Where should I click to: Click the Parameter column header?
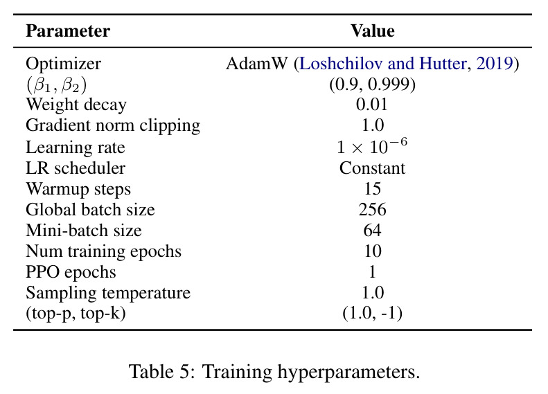(68, 31)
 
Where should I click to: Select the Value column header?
(373, 31)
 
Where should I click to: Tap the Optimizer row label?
(63, 64)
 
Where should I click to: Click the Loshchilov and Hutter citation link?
(382, 64)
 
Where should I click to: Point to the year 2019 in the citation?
(494, 64)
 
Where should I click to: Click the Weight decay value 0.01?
(372, 105)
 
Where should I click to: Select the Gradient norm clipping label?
(113, 126)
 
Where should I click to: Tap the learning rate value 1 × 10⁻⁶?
(372, 146)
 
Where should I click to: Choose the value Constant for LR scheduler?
(372, 168)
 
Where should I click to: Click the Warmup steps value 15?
(373, 188)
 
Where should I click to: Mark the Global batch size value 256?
(372, 210)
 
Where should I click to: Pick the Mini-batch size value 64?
(372, 230)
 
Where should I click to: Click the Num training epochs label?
(103, 251)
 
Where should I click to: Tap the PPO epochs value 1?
(373, 271)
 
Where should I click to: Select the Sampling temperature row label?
(108, 293)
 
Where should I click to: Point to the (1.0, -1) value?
(372, 313)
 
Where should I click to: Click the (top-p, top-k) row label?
(76, 313)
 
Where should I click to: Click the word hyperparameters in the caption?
(348, 372)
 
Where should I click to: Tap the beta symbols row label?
(56, 85)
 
